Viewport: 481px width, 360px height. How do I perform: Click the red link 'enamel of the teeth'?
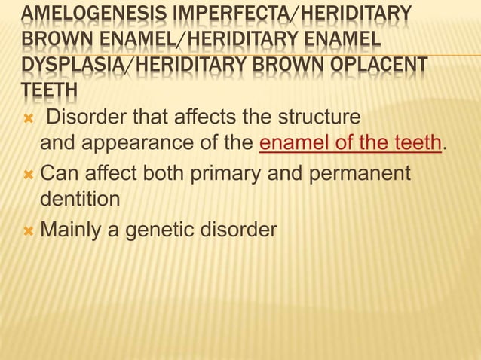pos(349,142)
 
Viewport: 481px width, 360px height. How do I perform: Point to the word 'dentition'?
pos(79,199)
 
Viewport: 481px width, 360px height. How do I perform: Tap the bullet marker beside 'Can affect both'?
pos(28,175)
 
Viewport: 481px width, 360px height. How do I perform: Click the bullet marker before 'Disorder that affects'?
pos(28,118)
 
